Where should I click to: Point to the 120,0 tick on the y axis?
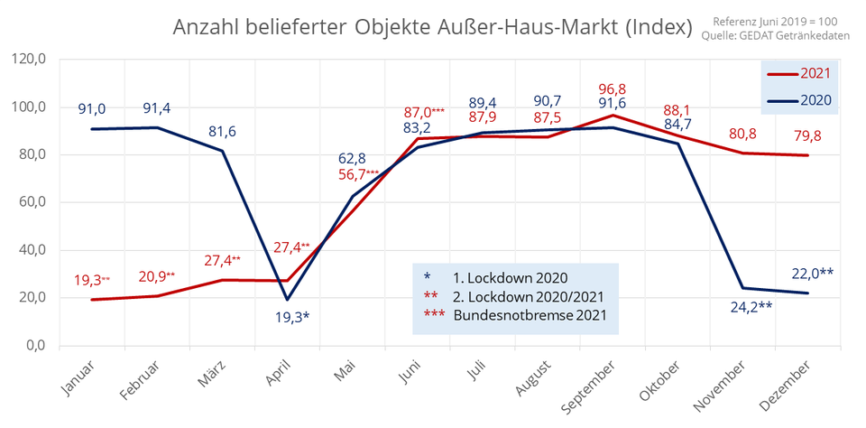pyautogui.click(x=29, y=60)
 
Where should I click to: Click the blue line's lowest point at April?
pyautogui.click(x=288, y=300)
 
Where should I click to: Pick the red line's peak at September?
pyautogui.click(x=613, y=115)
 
